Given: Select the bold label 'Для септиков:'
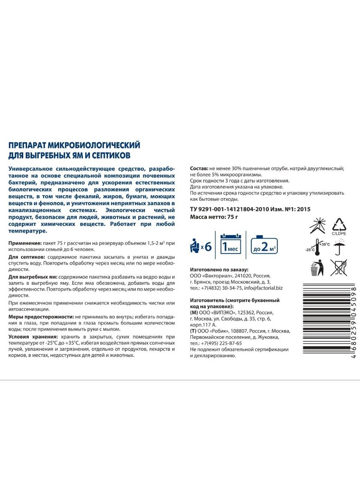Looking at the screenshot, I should click(27, 257).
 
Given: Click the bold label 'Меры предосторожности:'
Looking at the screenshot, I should click(41, 317).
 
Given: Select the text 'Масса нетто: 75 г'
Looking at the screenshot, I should click(214, 217).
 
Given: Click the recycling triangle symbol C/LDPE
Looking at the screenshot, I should click(339, 226).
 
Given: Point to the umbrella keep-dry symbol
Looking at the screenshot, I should click(339, 247).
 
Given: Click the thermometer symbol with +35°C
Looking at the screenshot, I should click(318, 247).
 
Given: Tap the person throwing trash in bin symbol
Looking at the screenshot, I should click(317, 268).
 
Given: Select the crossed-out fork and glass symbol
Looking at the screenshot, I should click(338, 268).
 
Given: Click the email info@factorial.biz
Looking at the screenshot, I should click(263, 288).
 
